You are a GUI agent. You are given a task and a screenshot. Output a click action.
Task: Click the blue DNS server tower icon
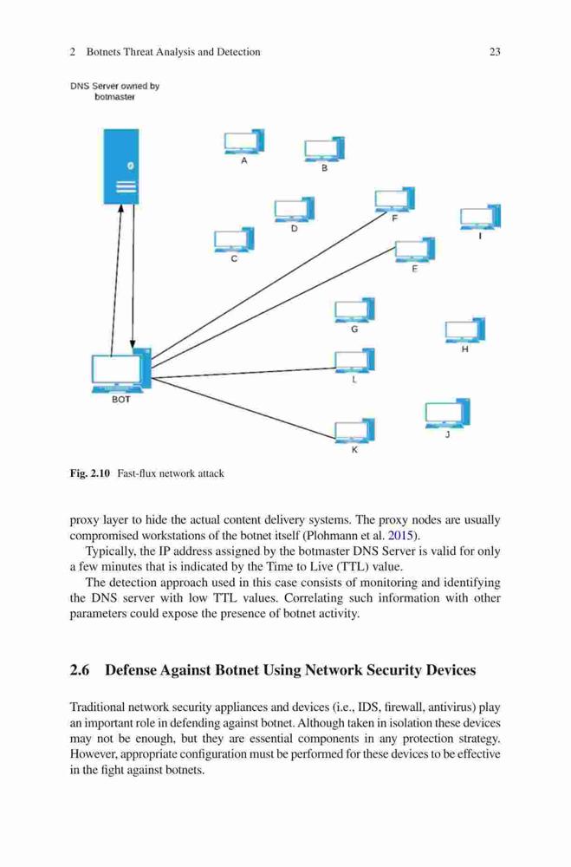point(121,166)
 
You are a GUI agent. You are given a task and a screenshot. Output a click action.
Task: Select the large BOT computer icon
point(121,370)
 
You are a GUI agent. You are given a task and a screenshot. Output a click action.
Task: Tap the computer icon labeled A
point(243,141)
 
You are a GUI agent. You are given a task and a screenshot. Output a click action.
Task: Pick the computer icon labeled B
point(324,149)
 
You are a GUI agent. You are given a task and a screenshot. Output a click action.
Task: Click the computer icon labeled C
point(234,239)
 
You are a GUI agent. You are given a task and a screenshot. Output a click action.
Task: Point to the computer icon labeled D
point(295,210)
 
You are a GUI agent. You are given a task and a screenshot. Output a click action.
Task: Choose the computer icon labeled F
point(394,199)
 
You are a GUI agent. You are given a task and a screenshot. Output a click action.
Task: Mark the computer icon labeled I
point(480,217)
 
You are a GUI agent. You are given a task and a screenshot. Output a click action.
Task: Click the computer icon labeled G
point(355,310)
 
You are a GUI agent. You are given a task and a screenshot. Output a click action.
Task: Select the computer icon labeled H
point(465,330)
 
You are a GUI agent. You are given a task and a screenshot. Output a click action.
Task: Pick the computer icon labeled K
point(355,431)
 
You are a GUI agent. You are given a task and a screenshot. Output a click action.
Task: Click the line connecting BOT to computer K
point(243,409)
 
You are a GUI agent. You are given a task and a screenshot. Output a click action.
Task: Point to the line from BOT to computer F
point(268,285)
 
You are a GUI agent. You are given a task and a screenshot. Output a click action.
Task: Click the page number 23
point(495,52)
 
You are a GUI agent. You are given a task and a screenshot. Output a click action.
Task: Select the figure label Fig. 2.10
point(90,473)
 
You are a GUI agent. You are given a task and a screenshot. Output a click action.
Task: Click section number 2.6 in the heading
point(80,670)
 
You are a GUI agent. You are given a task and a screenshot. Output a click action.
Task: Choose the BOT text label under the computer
point(121,399)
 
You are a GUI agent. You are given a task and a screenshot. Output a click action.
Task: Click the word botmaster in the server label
point(114,97)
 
